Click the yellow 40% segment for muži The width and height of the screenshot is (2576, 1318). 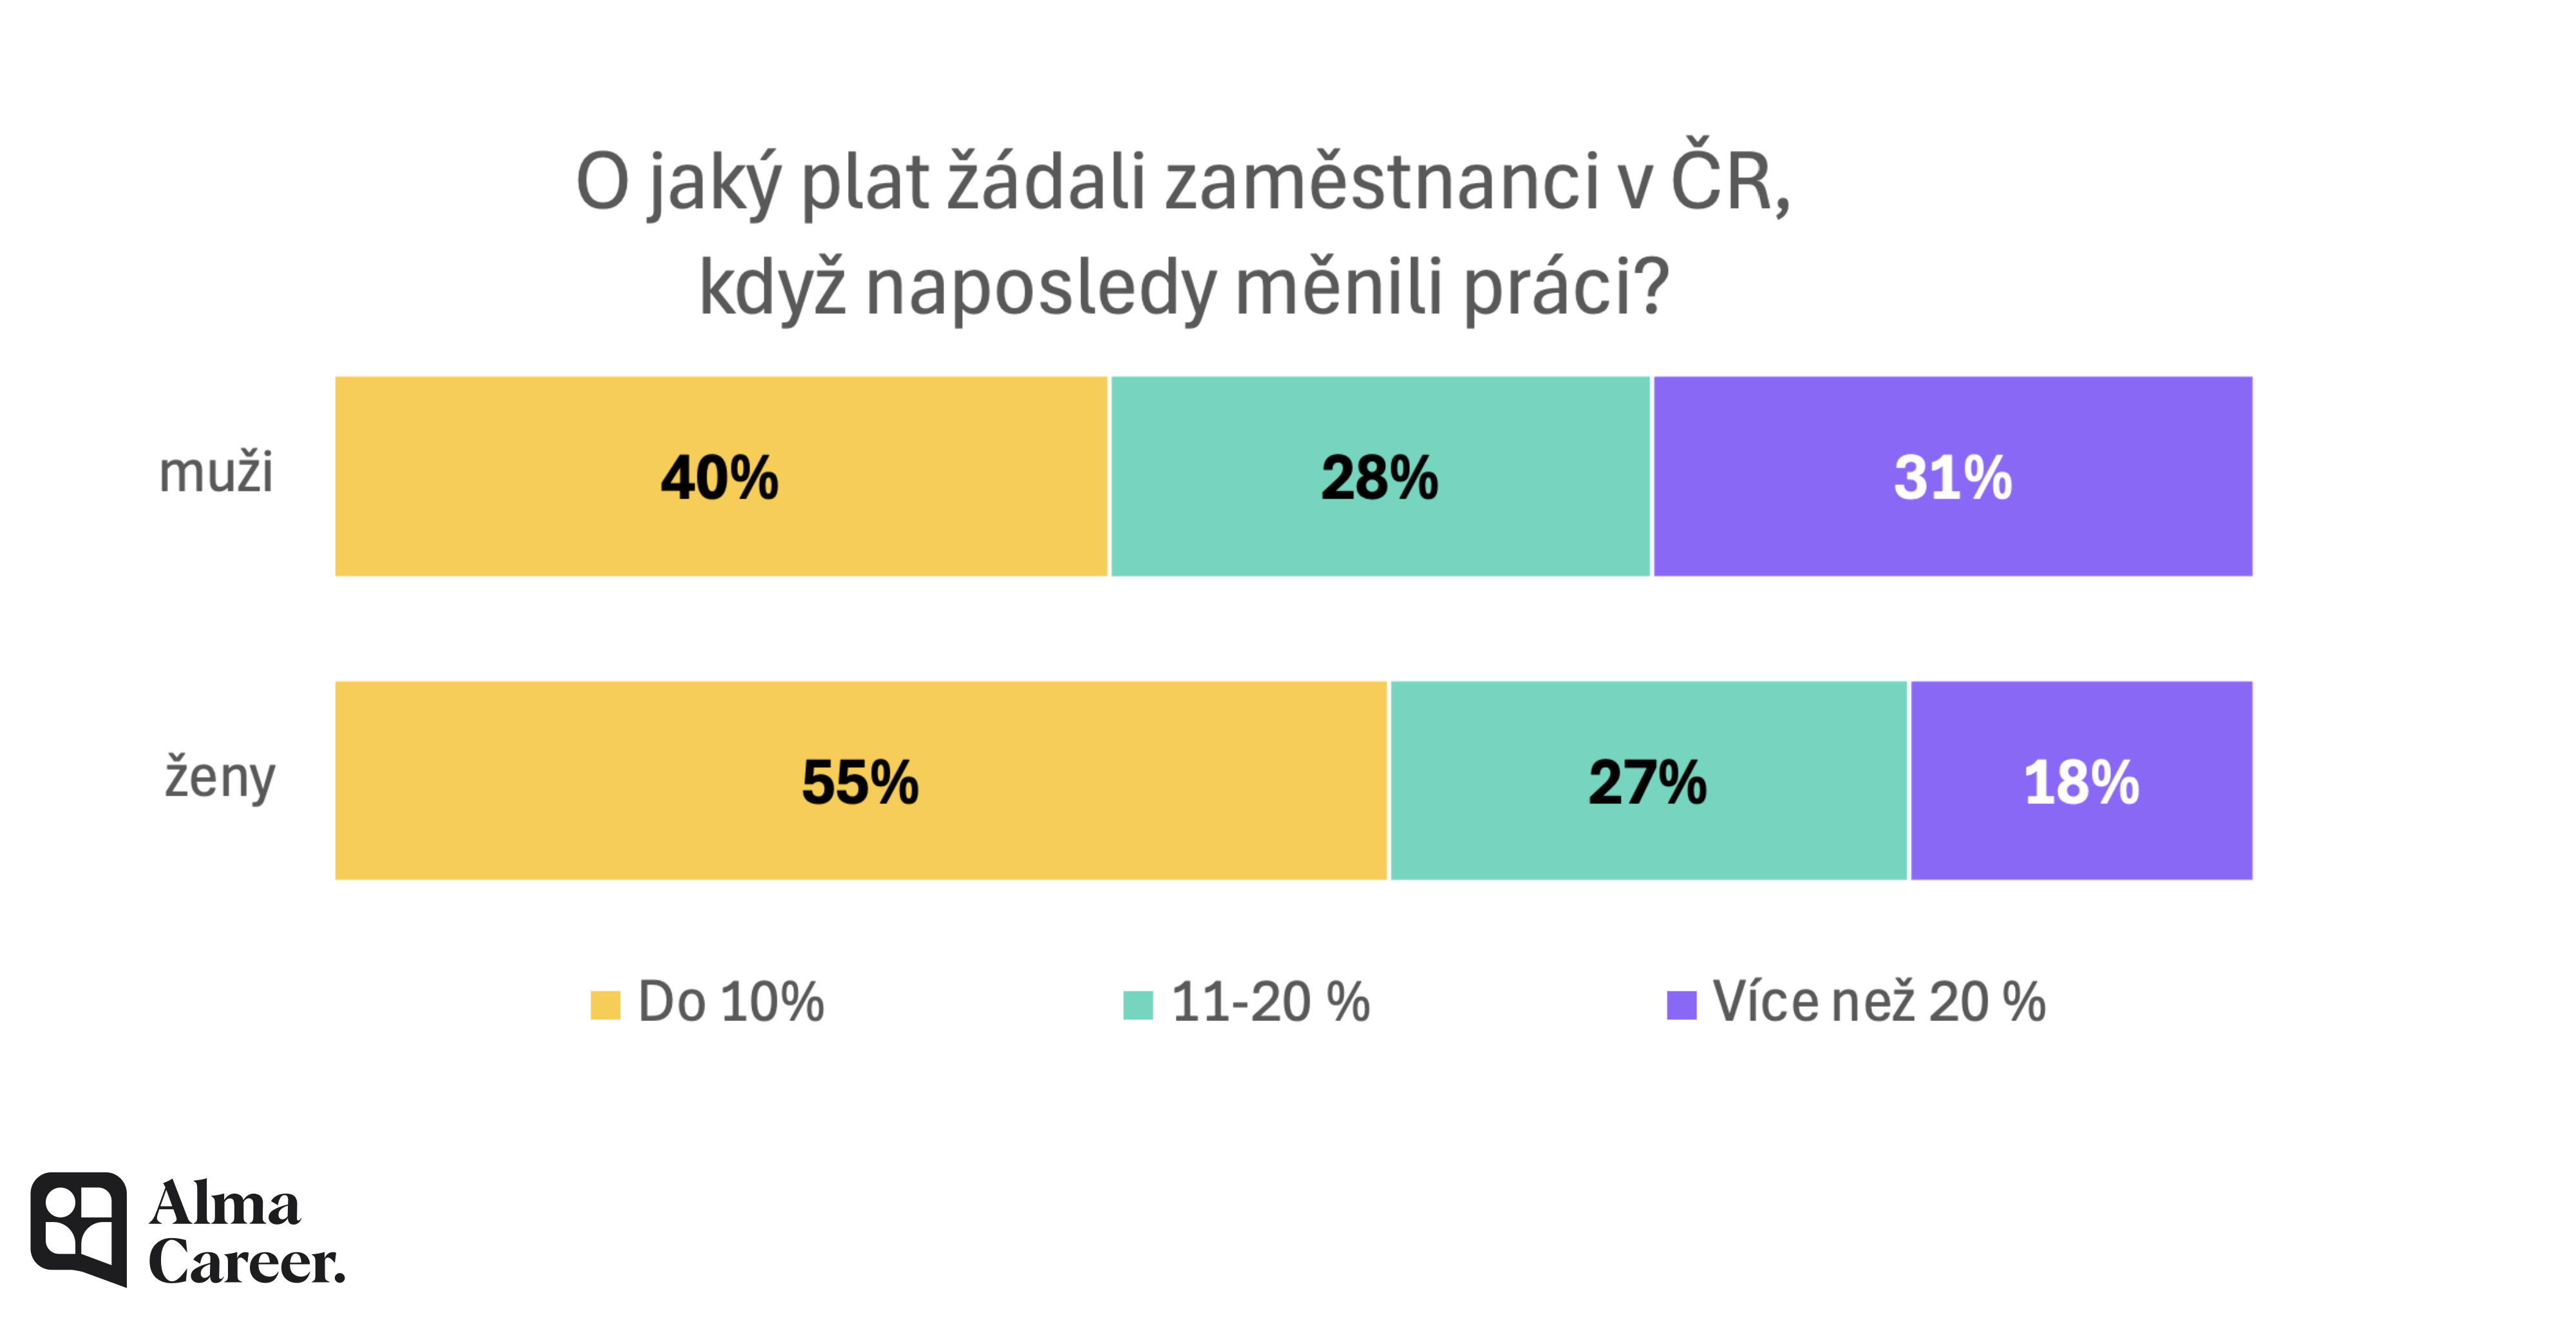(x=720, y=476)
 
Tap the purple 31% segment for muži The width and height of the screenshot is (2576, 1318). (x=1952, y=476)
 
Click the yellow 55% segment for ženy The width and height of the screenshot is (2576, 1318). (x=860, y=781)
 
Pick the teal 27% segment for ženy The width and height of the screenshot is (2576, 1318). (x=1648, y=781)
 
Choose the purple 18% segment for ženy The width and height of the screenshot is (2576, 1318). (x=2081, y=781)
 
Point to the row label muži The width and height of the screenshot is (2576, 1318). (x=216, y=472)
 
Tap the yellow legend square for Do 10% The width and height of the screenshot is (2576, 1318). (x=605, y=1004)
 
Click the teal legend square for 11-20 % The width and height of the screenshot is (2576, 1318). (x=1138, y=1004)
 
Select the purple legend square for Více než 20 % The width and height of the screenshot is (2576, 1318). (x=1681, y=1004)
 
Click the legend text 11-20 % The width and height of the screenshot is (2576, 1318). (x=1270, y=1002)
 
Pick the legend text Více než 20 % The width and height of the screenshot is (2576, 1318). (x=1879, y=1002)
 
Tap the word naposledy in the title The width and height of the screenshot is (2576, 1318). (x=1040, y=288)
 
